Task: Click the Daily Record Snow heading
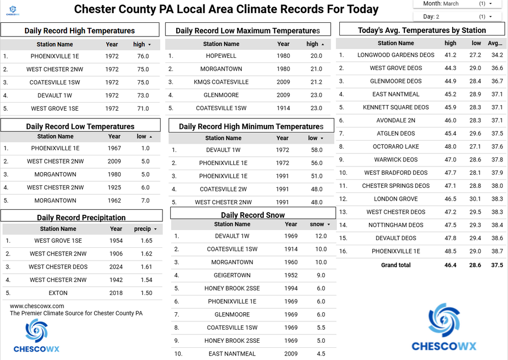point(252,215)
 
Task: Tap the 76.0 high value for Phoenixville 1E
point(143,56)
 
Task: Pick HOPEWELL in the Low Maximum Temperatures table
point(221,56)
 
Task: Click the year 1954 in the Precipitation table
point(116,241)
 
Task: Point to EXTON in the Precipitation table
point(58,293)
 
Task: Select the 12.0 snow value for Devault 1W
point(321,236)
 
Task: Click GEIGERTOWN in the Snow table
point(232,275)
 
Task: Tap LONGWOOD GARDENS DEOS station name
point(396,55)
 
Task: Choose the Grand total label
point(396,265)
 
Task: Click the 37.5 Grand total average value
point(496,265)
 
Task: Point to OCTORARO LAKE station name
point(396,147)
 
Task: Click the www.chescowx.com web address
point(37,306)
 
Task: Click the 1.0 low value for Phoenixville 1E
point(146,148)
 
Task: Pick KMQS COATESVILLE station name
point(221,82)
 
